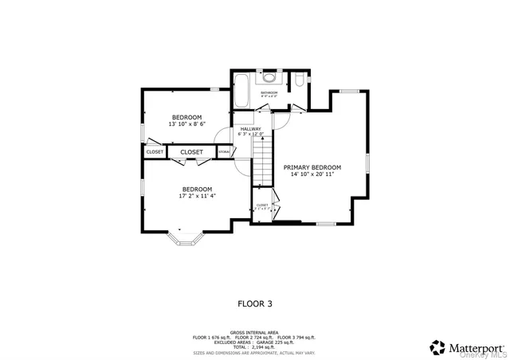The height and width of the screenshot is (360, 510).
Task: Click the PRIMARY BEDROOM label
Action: [312, 167]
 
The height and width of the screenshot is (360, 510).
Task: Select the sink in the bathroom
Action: [269, 78]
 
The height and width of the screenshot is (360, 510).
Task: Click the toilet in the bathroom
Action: [298, 80]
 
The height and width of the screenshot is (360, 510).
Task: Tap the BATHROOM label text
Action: [269, 92]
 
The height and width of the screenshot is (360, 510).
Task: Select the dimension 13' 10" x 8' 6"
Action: [186, 124]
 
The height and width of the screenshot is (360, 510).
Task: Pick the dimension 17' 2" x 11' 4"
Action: [186, 196]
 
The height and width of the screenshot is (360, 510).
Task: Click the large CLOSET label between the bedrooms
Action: [191, 151]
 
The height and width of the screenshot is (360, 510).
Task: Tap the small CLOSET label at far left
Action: [154, 151]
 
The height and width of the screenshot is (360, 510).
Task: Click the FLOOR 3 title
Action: [255, 303]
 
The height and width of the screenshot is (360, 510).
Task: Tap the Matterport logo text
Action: [476, 347]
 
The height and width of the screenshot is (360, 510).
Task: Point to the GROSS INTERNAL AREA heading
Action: [254, 332]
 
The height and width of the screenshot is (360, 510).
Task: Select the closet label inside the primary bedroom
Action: [261, 205]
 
